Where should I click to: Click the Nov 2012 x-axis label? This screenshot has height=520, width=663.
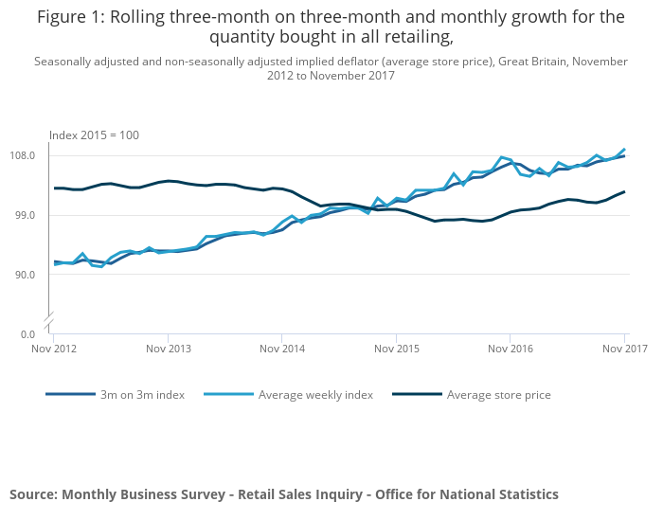[53, 349]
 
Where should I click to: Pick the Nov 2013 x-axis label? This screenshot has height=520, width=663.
[168, 349]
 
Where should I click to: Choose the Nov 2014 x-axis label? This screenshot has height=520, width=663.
[281, 349]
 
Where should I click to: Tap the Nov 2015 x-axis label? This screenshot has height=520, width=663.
[396, 349]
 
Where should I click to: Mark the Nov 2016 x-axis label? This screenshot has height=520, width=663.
[510, 349]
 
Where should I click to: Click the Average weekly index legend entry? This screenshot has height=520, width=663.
[315, 395]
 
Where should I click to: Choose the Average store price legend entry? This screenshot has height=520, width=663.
[498, 395]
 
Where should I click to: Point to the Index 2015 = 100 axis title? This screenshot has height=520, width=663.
[94, 135]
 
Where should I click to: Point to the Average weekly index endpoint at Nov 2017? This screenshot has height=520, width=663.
[624, 150]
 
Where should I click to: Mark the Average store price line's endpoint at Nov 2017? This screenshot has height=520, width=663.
[624, 191]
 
